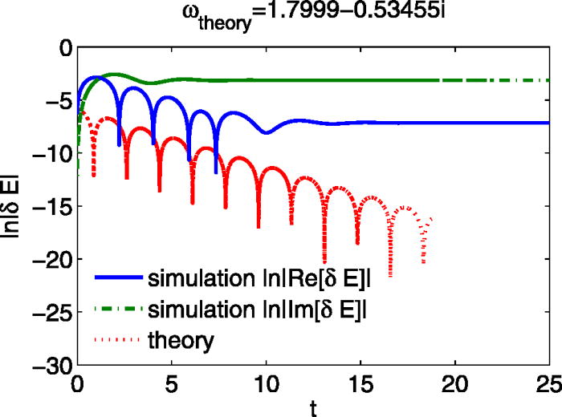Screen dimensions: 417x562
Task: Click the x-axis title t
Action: pyautogui.click(x=313, y=407)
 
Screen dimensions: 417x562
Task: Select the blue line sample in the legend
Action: pyautogui.click(x=118, y=279)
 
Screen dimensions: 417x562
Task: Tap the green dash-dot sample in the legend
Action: pyautogui.click(x=118, y=310)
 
